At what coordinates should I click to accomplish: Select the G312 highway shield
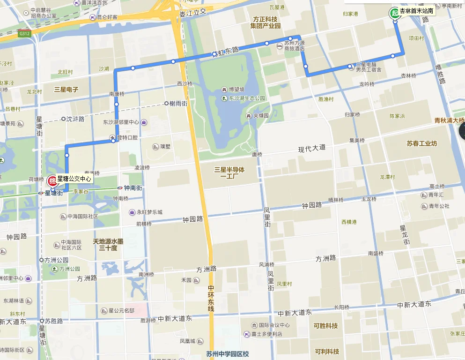click(24, 34)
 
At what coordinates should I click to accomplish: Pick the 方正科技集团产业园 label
click(265, 22)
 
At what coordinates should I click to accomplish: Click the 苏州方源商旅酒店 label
click(295, 45)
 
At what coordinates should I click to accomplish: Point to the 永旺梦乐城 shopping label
click(149, 212)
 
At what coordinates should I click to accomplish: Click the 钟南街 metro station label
click(133, 188)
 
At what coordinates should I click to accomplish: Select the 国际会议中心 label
click(274, 325)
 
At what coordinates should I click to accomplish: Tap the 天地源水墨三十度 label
click(108, 245)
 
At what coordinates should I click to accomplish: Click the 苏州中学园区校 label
click(227, 354)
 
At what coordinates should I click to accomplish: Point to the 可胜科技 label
click(326, 326)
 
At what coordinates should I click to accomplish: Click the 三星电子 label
click(66, 89)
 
